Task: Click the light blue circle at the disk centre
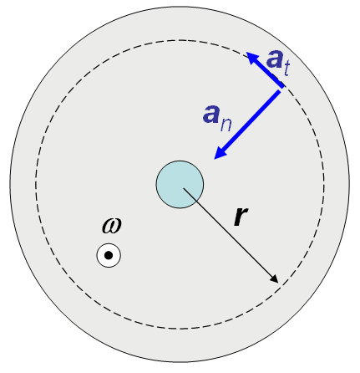180,184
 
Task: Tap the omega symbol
112,226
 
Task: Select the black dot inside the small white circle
109,255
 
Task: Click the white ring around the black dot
109,244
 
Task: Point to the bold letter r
241,217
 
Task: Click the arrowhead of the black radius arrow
275,279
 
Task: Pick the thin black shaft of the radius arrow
227,232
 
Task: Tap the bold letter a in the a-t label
275,59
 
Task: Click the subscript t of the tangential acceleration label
286,69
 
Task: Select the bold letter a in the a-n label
210,114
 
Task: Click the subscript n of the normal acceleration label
226,125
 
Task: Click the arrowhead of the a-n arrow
221,153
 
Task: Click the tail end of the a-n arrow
279,91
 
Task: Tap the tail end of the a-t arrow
283,87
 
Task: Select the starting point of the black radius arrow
183,188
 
